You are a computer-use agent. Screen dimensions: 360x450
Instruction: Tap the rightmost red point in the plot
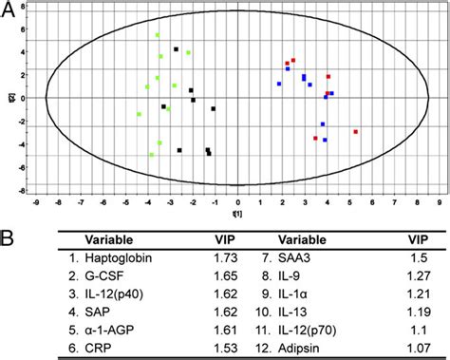click(355, 132)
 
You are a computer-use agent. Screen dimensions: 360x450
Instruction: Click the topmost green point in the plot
click(158, 35)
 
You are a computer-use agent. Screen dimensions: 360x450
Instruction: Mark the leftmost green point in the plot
click(140, 114)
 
